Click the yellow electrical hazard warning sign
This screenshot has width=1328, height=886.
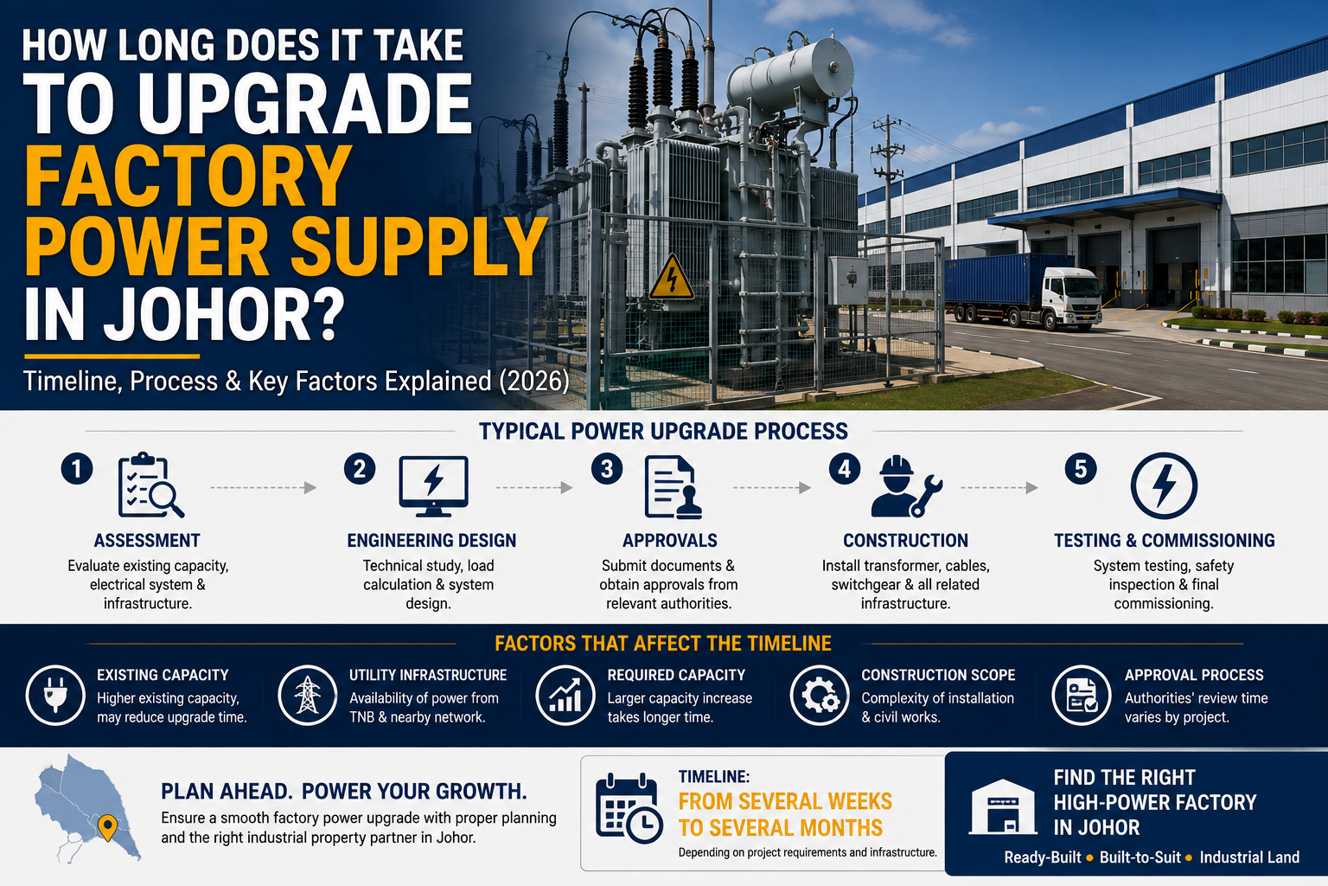(x=672, y=278)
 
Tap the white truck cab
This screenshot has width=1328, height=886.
(x=1071, y=297)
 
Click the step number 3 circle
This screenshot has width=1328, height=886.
(x=606, y=470)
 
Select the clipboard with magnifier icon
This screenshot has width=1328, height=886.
(x=150, y=485)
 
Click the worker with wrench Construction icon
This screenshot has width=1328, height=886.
(x=906, y=486)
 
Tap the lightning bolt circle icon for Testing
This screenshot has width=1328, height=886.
(x=1164, y=485)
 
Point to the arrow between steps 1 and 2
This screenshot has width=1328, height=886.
(x=263, y=488)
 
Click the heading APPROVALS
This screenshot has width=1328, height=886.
(x=669, y=541)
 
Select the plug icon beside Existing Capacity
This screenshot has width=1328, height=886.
(x=55, y=695)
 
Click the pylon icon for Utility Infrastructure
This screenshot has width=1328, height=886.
(x=307, y=695)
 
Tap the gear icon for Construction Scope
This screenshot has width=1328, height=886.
(x=820, y=695)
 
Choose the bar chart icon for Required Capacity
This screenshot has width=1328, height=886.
(x=565, y=695)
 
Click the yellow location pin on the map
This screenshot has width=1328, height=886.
(x=106, y=827)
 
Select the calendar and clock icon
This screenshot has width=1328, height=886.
(x=629, y=807)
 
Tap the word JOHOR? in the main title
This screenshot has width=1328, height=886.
(x=224, y=312)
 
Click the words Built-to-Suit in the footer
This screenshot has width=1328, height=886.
(x=1140, y=857)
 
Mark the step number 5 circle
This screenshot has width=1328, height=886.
(x=1080, y=469)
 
